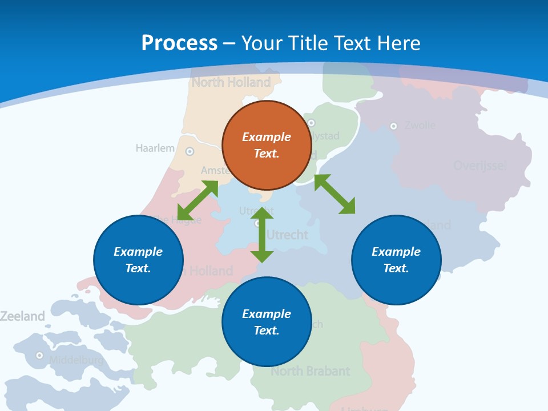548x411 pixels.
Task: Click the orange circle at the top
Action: pos(266,145)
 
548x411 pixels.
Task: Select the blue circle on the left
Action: pos(138,260)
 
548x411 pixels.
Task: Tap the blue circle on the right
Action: pos(396,260)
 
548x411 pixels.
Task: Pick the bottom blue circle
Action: pos(266,322)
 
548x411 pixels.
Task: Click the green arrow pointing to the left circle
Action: pos(198,200)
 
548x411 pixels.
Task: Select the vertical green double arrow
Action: pos(263,235)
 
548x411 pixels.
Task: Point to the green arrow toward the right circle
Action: pos(335,194)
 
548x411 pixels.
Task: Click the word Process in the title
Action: pos(179,43)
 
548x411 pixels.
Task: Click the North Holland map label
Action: pos(231,82)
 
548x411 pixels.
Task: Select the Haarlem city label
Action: pos(155,148)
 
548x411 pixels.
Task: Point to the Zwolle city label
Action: pos(420,125)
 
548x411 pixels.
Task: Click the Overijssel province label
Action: pos(480,166)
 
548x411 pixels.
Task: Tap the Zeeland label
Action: pos(22,316)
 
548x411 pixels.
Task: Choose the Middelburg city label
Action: pos(76,360)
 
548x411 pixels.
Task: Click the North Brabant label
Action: pos(310,372)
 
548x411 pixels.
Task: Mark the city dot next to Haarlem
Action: pos(190,152)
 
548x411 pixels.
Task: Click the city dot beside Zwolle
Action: pos(393,126)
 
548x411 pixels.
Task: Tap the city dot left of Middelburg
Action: pos(39,355)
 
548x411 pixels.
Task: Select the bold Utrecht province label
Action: pos(288,235)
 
